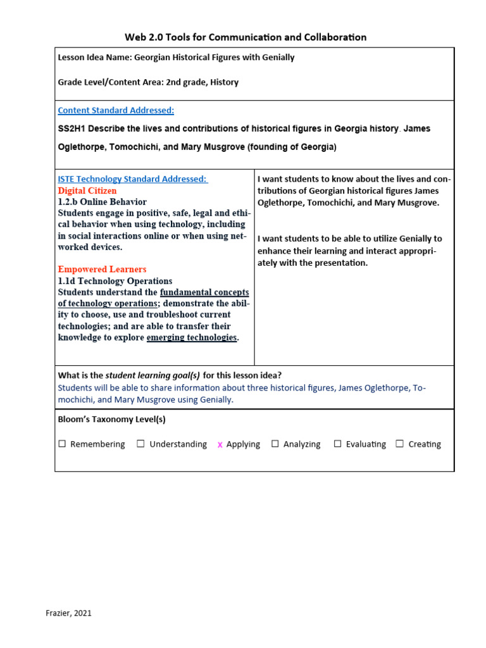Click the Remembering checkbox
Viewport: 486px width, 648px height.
(x=62, y=444)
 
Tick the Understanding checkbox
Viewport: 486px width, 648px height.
(x=140, y=444)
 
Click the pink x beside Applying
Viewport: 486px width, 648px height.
(x=220, y=445)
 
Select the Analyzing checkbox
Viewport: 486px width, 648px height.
(x=275, y=444)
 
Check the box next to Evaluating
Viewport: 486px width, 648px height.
(x=338, y=444)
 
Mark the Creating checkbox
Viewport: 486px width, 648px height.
(x=400, y=444)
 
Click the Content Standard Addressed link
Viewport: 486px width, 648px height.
(x=116, y=110)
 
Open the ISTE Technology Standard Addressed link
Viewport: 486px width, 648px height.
(x=132, y=179)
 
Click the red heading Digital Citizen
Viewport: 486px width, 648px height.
(x=87, y=190)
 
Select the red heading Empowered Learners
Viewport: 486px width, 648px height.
(x=102, y=269)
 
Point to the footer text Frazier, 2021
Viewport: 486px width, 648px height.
(x=68, y=613)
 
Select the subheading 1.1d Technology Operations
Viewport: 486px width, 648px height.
(x=115, y=281)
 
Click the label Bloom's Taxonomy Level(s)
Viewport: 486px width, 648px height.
(x=111, y=419)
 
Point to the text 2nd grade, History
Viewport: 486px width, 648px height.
(x=202, y=82)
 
